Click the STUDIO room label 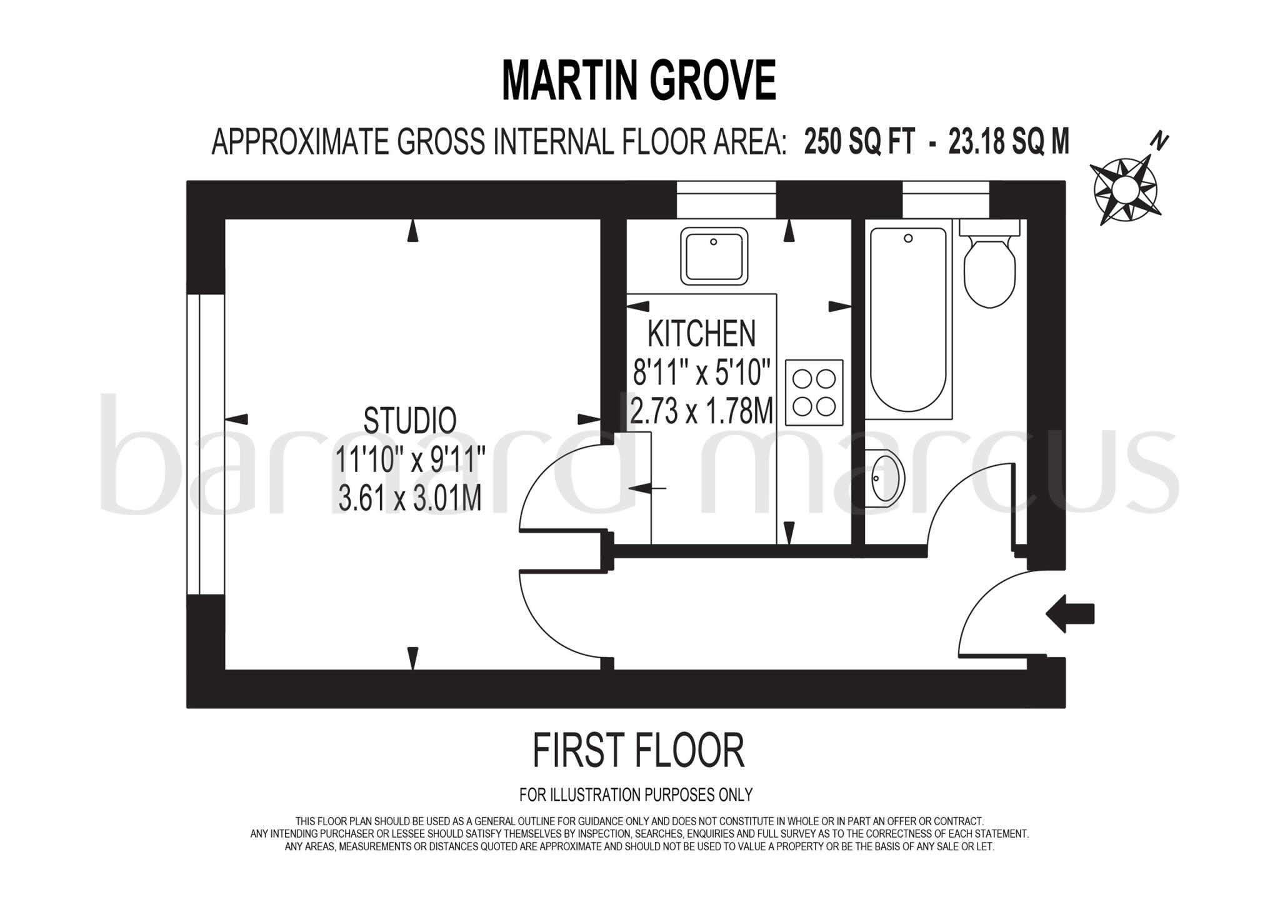[x=410, y=420]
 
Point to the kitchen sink [x=714, y=256]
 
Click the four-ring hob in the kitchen [x=814, y=393]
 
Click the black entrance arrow [x=1070, y=613]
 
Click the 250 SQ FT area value [x=859, y=141]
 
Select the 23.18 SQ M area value [x=1009, y=141]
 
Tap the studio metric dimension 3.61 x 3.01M [x=410, y=498]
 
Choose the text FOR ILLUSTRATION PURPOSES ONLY [x=636, y=795]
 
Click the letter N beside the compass [x=1160, y=142]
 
